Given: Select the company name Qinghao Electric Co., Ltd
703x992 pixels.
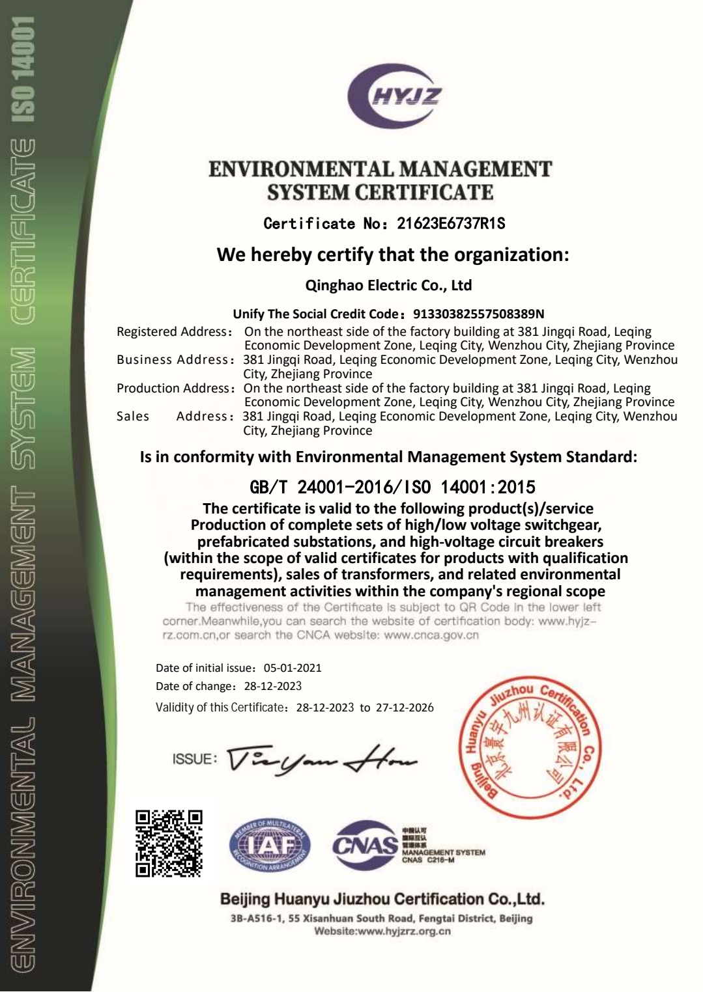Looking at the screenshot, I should (x=389, y=285).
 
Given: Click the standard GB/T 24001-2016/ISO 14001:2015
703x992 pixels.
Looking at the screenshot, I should (x=392, y=487).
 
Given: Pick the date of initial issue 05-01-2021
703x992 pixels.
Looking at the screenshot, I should (x=293, y=668).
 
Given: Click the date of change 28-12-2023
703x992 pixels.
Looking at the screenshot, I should (x=273, y=686).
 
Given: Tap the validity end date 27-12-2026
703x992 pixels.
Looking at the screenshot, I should (x=405, y=708).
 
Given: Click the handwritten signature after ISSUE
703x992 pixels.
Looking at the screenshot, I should (x=322, y=759).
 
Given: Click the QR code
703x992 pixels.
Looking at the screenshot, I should (x=169, y=843).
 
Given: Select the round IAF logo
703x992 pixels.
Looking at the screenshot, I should (x=270, y=845).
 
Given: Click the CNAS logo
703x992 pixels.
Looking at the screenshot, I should (x=365, y=845).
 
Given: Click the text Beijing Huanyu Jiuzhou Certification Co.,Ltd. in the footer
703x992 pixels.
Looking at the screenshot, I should (x=382, y=900).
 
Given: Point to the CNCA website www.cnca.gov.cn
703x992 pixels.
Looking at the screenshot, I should (x=431, y=635).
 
